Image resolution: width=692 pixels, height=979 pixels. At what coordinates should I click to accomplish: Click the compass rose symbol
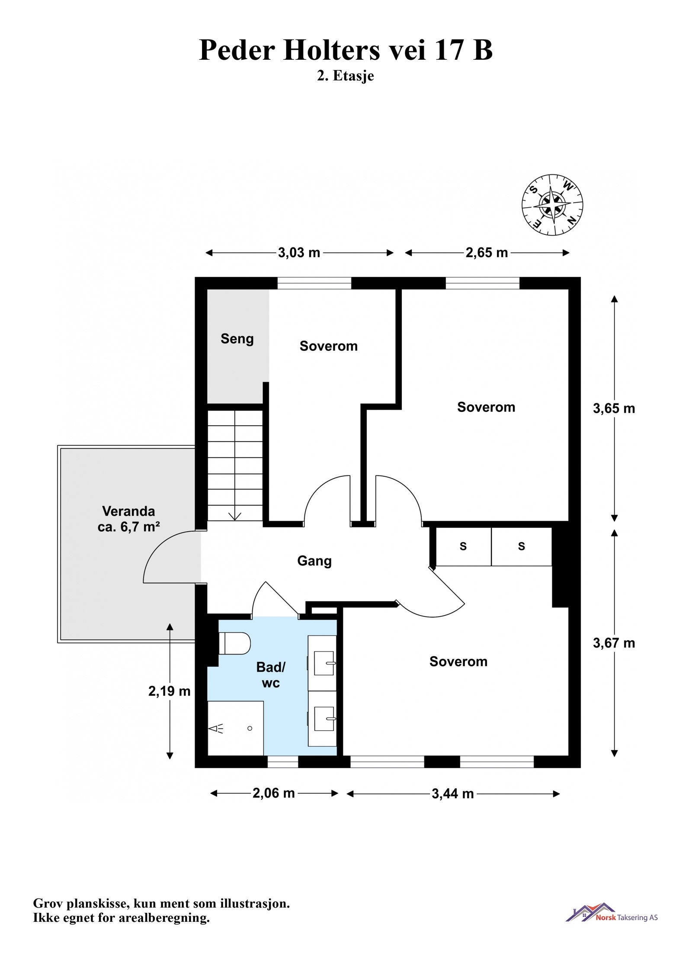(x=552, y=205)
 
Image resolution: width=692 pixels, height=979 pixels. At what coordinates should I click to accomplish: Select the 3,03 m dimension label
(x=299, y=253)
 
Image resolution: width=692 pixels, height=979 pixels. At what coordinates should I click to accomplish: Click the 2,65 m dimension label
(x=487, y=253)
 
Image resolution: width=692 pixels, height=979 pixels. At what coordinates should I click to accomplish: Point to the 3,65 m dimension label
(x=614, y=408)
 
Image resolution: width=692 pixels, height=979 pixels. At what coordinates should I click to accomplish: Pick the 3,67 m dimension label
(x=614, y=643)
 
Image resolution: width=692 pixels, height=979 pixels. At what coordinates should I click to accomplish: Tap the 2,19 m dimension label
(x=170, y=691)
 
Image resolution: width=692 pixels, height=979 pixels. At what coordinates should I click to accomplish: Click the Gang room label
(x=314, y=561)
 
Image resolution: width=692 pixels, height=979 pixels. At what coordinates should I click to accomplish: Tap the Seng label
(x=237, y=339)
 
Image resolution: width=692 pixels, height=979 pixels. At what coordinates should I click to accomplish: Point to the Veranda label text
(x=128, y=511)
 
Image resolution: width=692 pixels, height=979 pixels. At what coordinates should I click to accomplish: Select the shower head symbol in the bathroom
(x=216, y=729)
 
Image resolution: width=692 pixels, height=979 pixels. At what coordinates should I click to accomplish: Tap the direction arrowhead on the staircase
(x=235, y=517)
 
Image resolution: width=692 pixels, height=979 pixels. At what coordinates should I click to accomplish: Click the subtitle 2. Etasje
(x=346, y=76)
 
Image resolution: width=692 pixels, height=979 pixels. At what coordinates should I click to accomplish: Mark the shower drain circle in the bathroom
(x=250, y=729)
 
